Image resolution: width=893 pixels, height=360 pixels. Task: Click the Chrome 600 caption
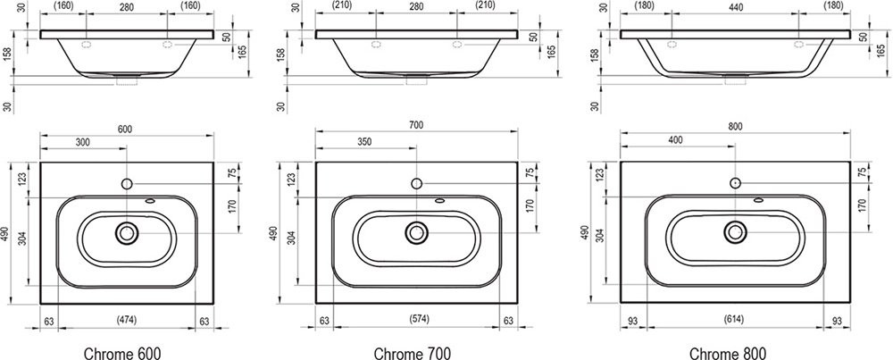[x=122, y=353]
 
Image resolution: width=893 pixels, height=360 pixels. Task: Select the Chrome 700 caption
[x=413, y=353]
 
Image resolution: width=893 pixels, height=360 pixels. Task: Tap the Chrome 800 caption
[x=727, y=353]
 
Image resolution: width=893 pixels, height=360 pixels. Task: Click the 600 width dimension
[x=125, y=130]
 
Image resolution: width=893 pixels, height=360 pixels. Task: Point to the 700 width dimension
[x=416, y=125]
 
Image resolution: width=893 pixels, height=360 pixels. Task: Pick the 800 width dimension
[x=735, y=127]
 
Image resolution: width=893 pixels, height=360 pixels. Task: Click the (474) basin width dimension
[x=127, y=320]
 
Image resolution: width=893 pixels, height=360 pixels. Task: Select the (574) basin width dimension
[x=417, y=318]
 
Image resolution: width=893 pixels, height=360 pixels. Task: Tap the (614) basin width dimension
[x=734, y=319]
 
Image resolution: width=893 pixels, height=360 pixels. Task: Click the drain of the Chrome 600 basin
[x=127, y=232]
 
